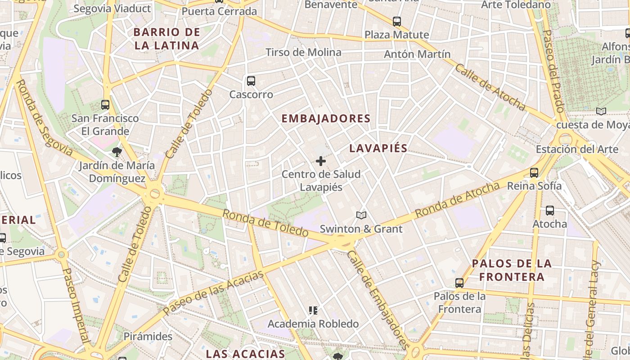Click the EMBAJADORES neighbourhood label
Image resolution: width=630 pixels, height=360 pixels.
326,118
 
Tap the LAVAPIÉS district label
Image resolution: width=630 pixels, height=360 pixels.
378,148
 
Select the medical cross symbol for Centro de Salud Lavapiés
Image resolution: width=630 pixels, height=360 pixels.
321,161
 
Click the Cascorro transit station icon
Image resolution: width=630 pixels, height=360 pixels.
251,81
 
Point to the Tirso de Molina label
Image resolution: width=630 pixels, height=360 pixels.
303,52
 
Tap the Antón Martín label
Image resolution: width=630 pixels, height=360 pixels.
417,54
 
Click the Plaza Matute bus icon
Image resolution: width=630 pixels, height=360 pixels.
396,21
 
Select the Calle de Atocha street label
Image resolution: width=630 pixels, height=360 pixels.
490,87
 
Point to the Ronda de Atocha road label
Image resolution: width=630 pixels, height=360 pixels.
457,200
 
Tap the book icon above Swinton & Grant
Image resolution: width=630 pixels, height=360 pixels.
361,215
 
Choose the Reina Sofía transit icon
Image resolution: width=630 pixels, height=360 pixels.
534,172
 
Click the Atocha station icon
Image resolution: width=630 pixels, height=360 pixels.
549,210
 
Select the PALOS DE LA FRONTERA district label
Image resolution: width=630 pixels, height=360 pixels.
512,270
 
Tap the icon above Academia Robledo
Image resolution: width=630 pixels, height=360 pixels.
313,310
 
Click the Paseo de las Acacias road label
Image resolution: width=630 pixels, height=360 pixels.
213,292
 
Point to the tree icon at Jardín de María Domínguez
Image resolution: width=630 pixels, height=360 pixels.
117,152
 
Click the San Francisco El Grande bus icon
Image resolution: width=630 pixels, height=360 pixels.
105,104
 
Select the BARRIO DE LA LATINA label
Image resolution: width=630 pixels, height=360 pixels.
167,39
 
